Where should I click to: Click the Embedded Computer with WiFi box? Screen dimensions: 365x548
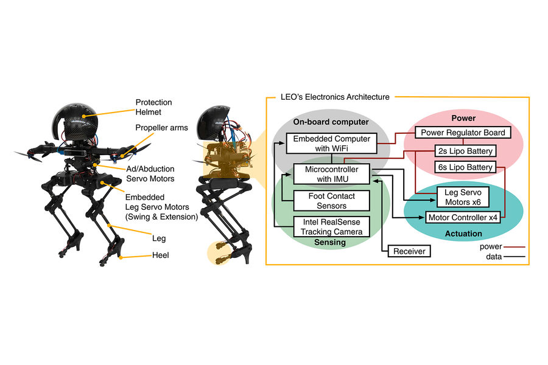tap(331, 144)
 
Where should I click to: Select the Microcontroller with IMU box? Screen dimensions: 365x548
tap(331, 173)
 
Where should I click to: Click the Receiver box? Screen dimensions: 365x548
tap(409, 251)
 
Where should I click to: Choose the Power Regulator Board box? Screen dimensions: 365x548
tap(463, 132)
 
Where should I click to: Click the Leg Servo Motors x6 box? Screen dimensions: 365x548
tap(463, 197)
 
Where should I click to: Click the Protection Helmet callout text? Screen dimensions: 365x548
tap(153, 108)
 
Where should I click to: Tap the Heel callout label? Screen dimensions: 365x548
tap(161, 255)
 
